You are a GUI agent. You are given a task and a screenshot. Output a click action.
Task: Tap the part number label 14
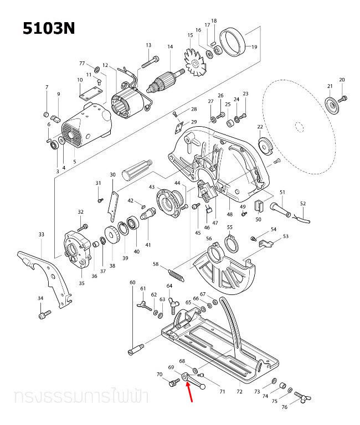click(x=170, y=47)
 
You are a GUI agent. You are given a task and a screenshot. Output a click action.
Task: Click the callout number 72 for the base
click(x=239, y=392)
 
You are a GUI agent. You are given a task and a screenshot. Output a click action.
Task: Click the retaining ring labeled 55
click(x=230, y=242)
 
